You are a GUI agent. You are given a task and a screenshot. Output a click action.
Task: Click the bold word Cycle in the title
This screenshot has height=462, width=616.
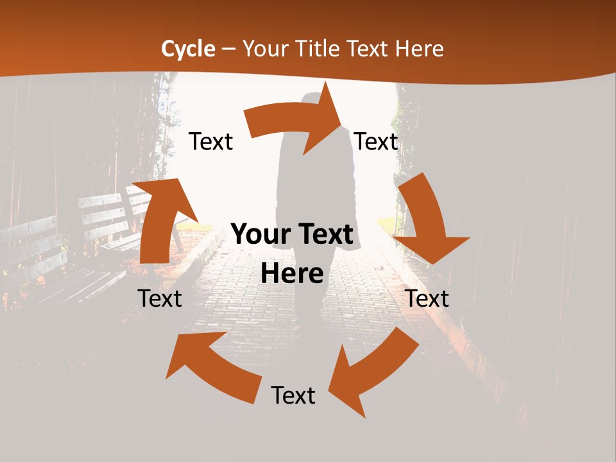point(188,49)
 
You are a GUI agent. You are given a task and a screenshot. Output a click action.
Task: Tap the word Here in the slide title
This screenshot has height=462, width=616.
point(419,49)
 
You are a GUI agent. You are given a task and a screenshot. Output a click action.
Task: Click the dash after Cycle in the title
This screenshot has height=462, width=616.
point(228,49)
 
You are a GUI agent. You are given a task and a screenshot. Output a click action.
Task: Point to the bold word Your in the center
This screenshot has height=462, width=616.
point(259,235)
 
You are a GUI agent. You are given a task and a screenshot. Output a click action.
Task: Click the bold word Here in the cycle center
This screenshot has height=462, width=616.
point(292,274)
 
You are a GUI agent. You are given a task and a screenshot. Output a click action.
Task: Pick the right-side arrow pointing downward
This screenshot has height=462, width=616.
point(427,218)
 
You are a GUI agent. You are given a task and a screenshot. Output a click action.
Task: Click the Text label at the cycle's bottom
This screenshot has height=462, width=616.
point(293,395)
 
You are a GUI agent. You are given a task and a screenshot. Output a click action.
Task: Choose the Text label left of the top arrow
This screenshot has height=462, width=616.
point(210,142)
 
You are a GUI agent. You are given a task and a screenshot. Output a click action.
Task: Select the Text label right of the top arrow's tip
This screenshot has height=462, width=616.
point(376,142)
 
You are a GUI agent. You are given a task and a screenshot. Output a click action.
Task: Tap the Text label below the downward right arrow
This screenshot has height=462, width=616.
point(427,298)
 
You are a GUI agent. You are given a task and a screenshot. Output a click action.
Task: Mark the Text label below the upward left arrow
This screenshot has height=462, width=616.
point(160,298)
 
